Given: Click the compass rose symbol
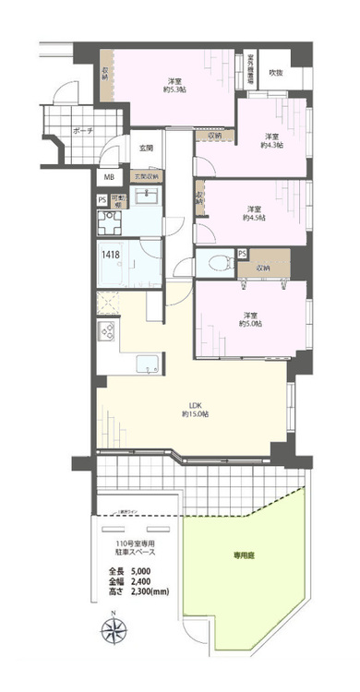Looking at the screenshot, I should click(x=114, y=634).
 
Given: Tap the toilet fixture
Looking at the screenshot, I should click(x=215, y=262).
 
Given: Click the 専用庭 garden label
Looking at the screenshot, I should click(x=243, y=556).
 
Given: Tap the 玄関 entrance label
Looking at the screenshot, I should click(x=146, y=148).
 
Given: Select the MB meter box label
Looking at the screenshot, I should click(x=108, y=177).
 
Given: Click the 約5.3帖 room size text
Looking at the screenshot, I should click(x=173, y=89).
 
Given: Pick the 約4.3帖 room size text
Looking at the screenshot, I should click(x=271, y=144).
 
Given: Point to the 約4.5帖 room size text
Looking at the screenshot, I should click(x=254, y=218).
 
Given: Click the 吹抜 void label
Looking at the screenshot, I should click(x=275, y=73).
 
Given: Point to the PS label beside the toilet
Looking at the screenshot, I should click(x=242, y=254).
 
